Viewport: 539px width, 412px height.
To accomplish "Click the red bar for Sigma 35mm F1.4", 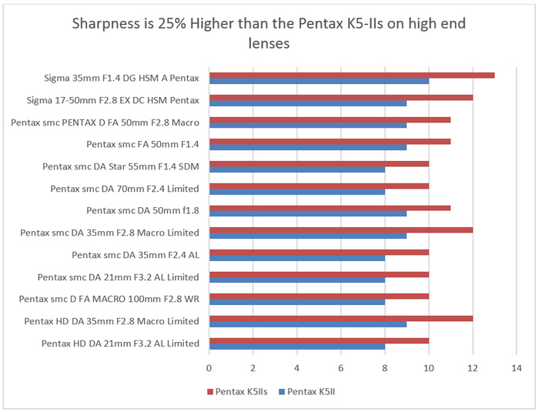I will pyautogui.click(x=351, y=75).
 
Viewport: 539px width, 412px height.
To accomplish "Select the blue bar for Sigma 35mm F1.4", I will pyautogui.click(x=319, y=81).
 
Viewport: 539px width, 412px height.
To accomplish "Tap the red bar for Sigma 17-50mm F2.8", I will pyautogui.click(x=340, y=97).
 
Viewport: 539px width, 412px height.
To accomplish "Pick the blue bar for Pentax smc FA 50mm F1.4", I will pyautogui.click(x=307, y=147).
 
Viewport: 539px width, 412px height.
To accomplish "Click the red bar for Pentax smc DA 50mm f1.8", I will pyautogui.click(x=330, y=207).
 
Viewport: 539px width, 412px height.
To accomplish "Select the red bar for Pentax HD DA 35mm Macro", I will pyautogui.click(x=340, y=318).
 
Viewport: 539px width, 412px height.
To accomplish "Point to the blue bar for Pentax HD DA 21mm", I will pyautogui.click(x=296, y=347).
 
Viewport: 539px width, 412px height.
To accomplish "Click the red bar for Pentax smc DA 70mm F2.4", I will pyautogui.click(x=319, y=186).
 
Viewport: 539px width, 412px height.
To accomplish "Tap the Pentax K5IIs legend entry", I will pyautogui.click(x=240, y=391).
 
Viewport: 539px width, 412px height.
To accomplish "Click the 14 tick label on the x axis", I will pyautogui.click(x=516, y=368).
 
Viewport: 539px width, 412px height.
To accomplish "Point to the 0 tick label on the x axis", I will pyautogui.click(x=209, y=368).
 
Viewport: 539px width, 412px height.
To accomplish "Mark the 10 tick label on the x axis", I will pyautogui.click(x=428, y=368).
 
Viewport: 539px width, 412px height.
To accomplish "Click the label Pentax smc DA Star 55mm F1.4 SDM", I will pyautogui.click(x=121, y=166).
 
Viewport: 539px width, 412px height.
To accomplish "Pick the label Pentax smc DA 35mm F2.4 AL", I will pyautogui.click(x=136, y=255).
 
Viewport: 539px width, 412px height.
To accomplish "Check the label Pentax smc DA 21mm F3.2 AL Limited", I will pyautogui.click(x=119, y=277).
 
